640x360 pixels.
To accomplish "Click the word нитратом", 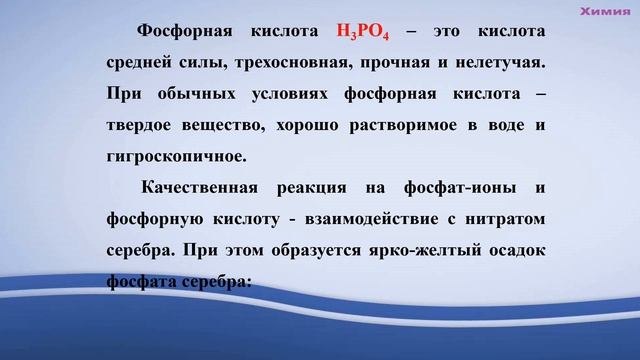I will click(505, 218).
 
